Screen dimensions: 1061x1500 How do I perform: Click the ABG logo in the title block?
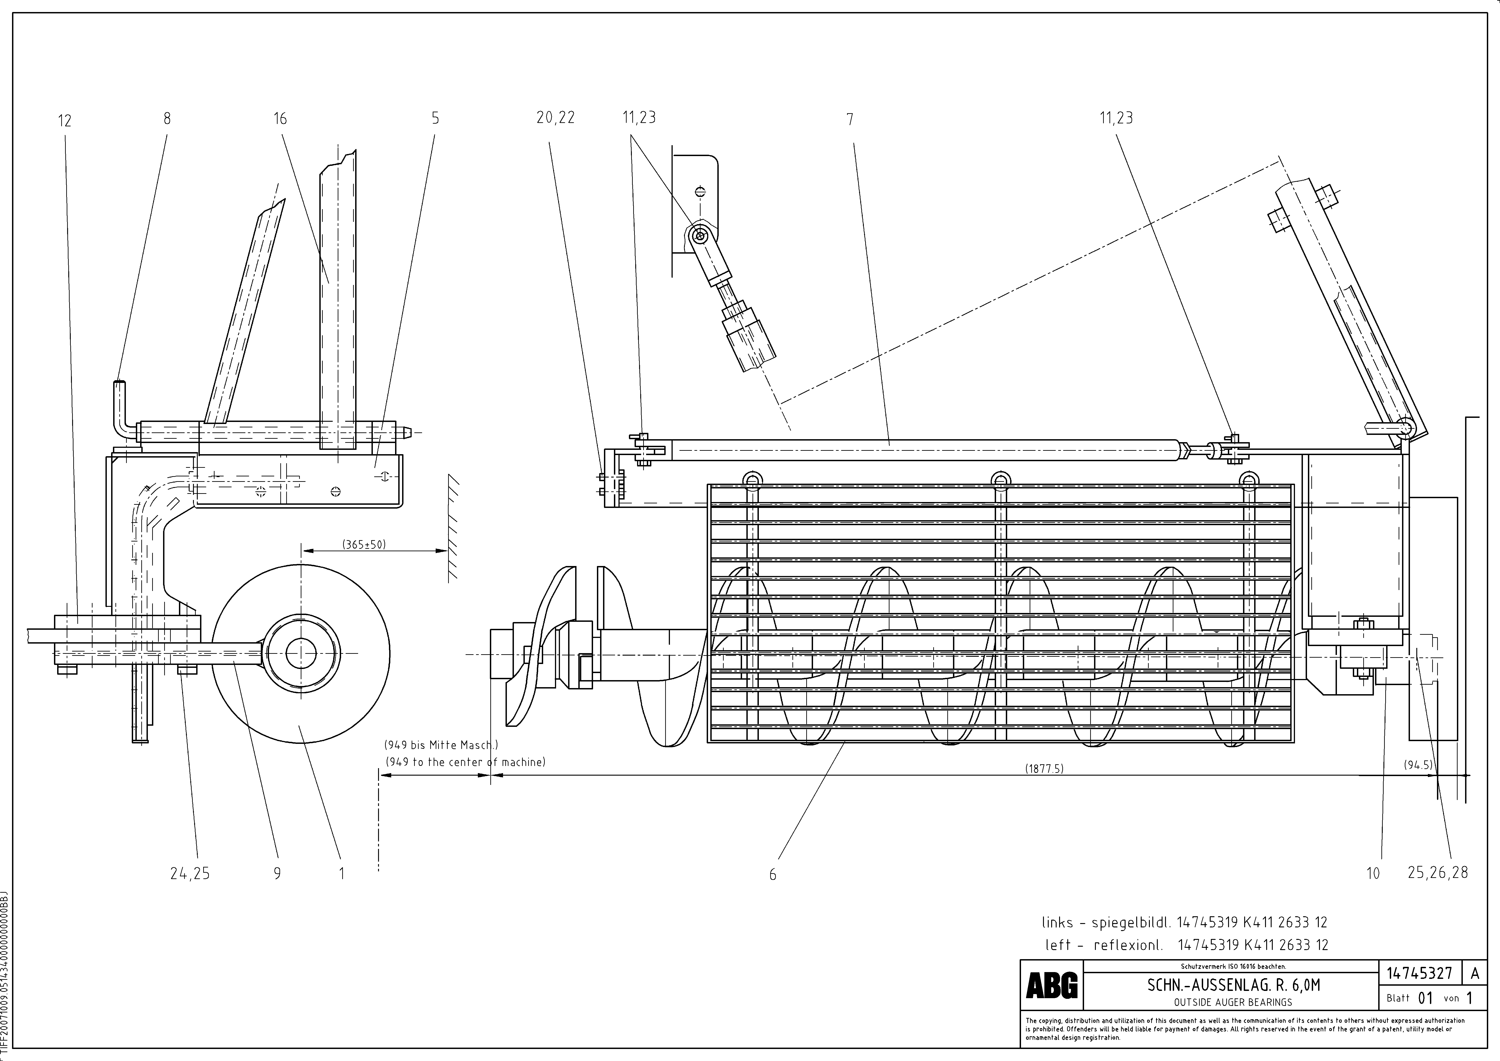(x=1052, y=985)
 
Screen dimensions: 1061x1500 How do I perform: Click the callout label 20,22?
(x=555, y=118)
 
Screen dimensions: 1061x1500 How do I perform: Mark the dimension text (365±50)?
(x=364, y=544)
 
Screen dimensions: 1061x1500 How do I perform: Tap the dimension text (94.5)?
(x=1418, y=765)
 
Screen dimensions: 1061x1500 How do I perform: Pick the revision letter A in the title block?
(x=1475, y=973)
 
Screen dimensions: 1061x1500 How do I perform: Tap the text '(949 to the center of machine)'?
(x=465, y=762)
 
